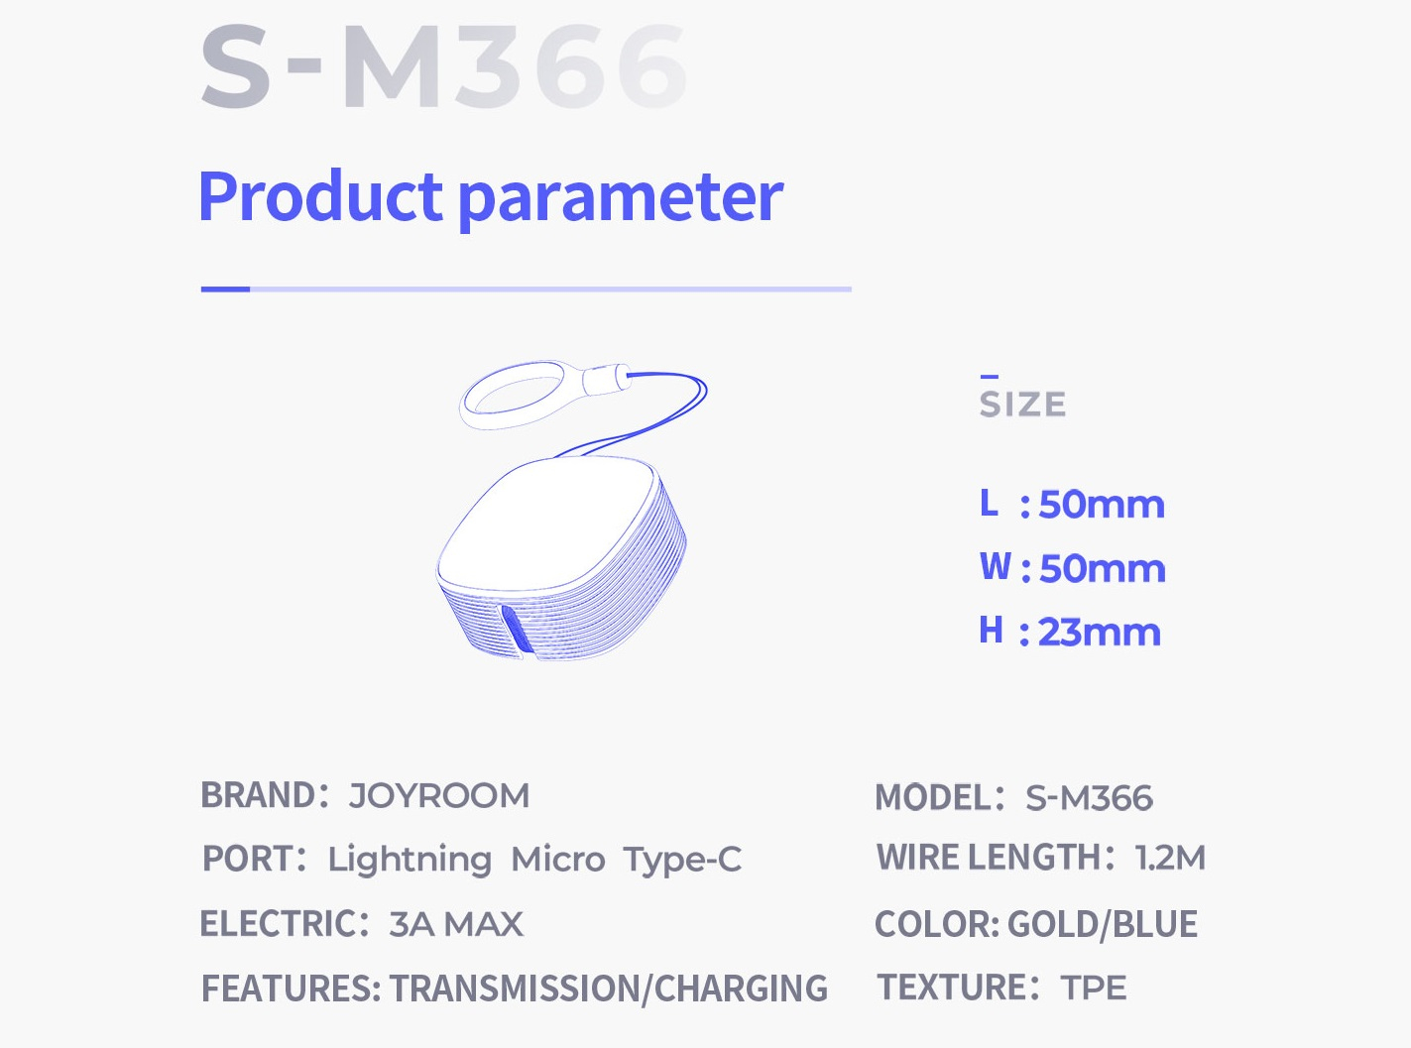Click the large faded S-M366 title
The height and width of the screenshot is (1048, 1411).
(443, 66)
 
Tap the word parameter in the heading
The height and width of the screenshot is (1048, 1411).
(621, 200)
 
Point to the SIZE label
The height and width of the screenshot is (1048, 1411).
(1022, 405)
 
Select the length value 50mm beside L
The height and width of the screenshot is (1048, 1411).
(1102, 505)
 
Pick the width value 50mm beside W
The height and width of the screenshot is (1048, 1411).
(1102, 568)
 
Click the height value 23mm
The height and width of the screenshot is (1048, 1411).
(1100, 633)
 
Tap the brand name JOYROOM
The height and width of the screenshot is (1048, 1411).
(439, 796)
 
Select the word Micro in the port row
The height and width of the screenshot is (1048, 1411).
(558, 860)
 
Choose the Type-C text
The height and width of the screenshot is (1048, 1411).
(682, 861)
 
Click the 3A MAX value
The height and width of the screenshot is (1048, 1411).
(456, 924)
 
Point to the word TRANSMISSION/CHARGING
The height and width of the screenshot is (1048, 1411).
(609, 989)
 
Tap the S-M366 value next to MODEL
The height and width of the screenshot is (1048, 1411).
(1089, 798)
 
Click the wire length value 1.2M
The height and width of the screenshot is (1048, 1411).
(1170, 857)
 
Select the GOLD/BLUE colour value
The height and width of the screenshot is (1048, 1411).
(1103, 924)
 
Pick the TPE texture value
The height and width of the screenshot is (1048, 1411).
(1093, 988)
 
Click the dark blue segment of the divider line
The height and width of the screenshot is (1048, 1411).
(225, 290)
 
